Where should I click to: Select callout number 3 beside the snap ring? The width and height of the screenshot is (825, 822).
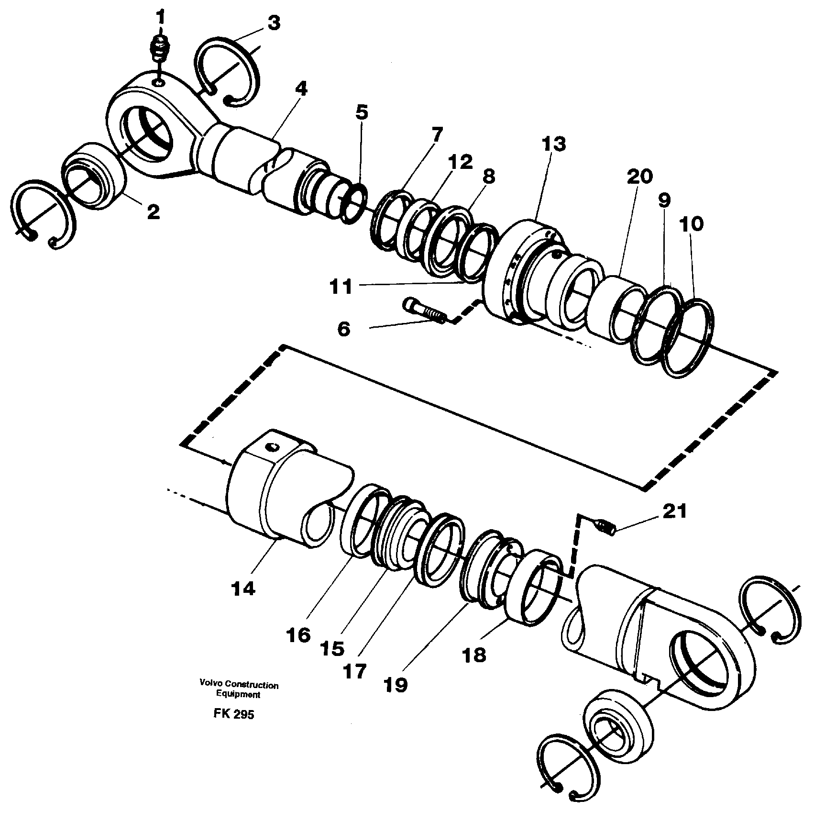pyautogui.click(x=273, y=22)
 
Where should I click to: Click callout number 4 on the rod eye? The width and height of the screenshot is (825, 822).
pyautogui.click(x=301, y=89)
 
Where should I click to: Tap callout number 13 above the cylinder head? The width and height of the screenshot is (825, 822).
pyautogui.click(x=554, y=144)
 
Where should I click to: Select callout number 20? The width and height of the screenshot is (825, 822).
pyautogui.click(x=639, y=177)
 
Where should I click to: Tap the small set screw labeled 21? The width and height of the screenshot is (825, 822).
pyautogui.click(x=604, y=526)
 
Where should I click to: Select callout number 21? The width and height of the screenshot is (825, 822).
pyautogui.click(x=675, y=511)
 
